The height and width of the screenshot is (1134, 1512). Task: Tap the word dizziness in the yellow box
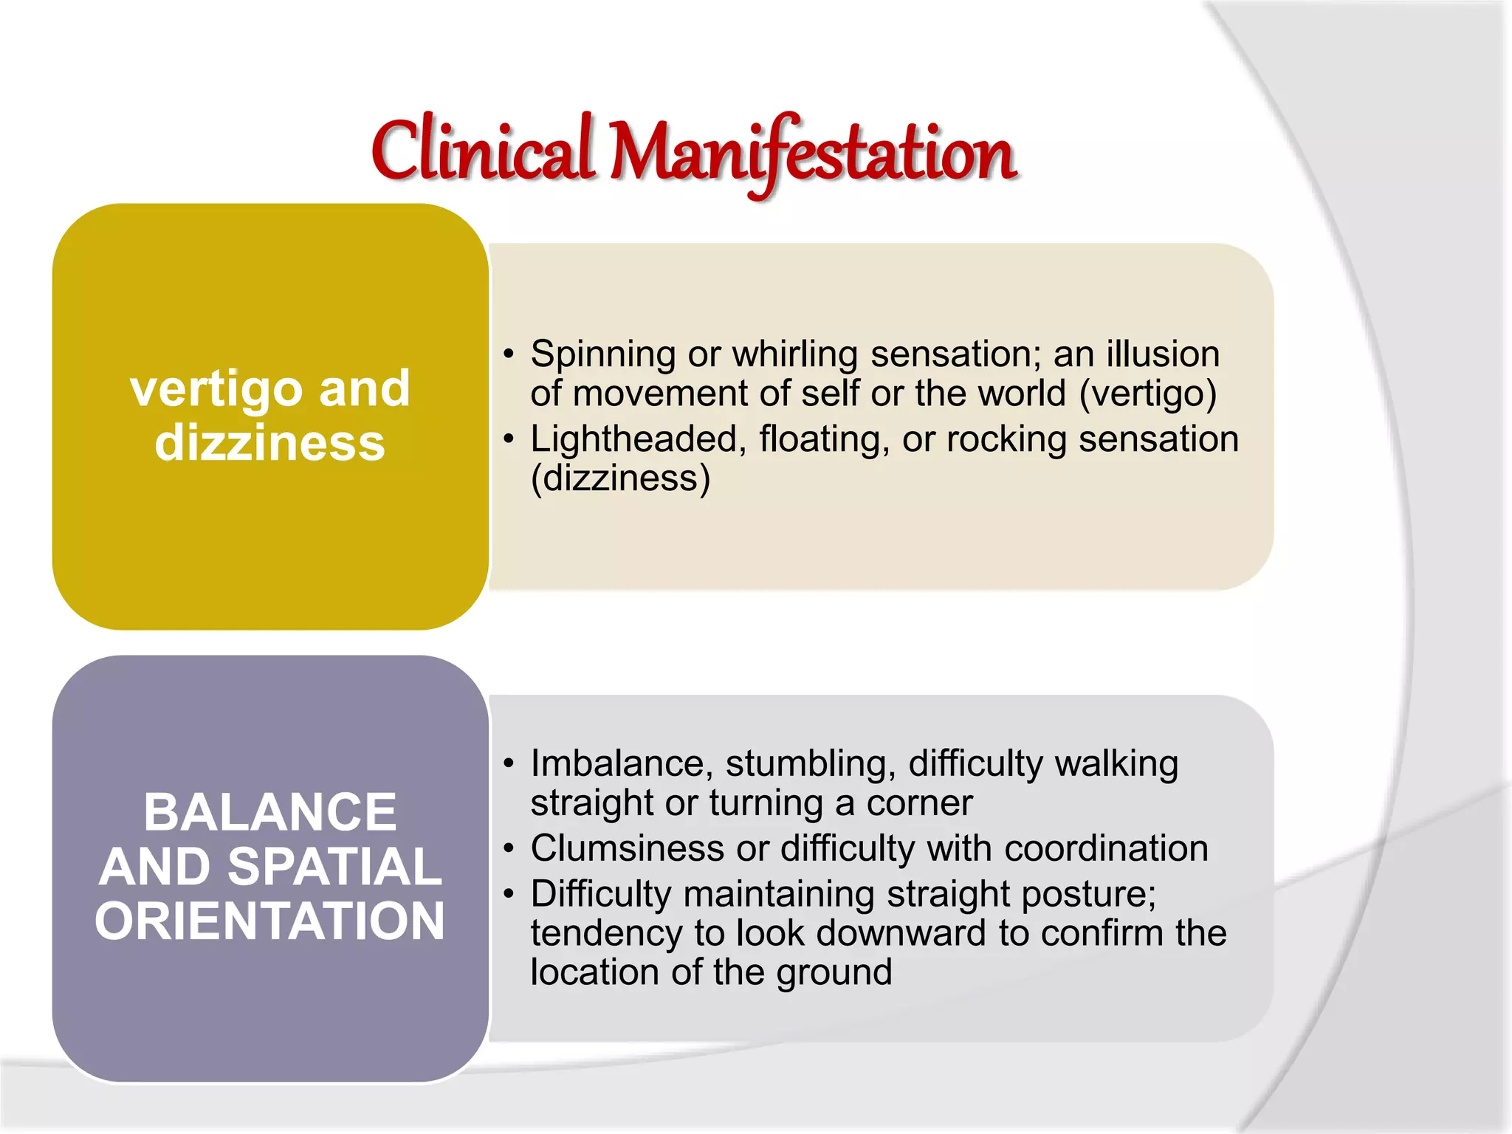269,443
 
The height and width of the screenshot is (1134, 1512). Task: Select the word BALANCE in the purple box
270,812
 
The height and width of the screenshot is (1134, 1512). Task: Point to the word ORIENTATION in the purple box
270,921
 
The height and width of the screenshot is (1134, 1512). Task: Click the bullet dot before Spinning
508,354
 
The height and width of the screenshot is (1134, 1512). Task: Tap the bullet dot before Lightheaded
508,439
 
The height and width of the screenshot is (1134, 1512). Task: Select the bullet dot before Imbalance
508,763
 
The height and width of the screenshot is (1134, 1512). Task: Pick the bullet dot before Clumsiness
508,848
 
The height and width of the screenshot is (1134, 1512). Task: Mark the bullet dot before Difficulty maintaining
508,894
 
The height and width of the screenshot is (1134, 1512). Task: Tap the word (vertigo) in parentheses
1148,394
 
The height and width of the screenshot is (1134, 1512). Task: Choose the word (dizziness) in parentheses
620,478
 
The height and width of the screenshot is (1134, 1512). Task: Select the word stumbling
811,764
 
